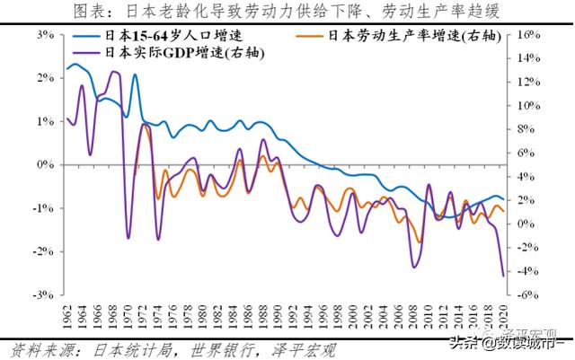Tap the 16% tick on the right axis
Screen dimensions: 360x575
tap(529, 35)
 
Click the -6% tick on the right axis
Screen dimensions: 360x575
tap(529, 294)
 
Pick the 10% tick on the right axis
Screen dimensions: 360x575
tap(529, 105)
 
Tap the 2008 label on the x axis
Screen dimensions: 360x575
tap(411, 315)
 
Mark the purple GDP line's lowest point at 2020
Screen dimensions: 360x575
tap(502, 276)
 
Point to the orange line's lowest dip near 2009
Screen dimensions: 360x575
tap(419, 241)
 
